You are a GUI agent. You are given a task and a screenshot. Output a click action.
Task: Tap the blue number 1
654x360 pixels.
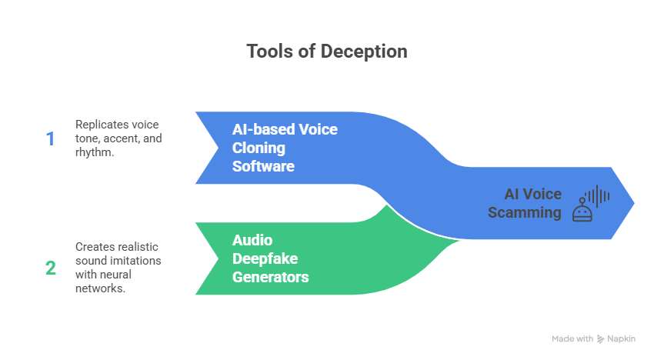[51, 138]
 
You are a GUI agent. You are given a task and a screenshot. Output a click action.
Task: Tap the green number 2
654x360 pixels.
[51, 268]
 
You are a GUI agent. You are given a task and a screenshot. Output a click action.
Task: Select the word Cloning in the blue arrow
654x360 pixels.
[259, 147]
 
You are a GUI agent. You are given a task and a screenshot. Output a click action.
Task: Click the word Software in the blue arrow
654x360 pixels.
[263, 165]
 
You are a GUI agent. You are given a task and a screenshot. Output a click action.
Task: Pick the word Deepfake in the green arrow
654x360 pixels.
[266, 258]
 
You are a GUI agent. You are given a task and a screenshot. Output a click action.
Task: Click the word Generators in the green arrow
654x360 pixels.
[270, 276]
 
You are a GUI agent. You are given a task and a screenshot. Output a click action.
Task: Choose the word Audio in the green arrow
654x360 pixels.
[252, 239]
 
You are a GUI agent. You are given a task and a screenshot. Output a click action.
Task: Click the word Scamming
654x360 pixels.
[525, 212]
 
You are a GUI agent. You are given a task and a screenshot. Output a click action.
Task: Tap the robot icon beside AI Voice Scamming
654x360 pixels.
[582, 212]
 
